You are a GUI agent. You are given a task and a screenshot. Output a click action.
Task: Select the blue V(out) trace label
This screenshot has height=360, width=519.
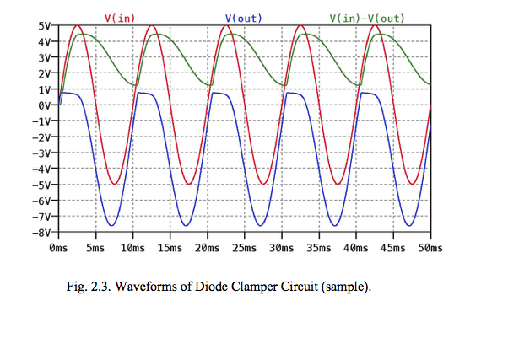(242, 18)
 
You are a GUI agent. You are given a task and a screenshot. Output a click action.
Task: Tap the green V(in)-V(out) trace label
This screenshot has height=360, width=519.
(367, 18)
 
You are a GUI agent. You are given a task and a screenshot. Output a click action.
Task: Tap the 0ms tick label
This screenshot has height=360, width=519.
(58, 249)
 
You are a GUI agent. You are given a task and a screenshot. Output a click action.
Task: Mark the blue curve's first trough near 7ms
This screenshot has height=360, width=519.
(113, 225)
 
